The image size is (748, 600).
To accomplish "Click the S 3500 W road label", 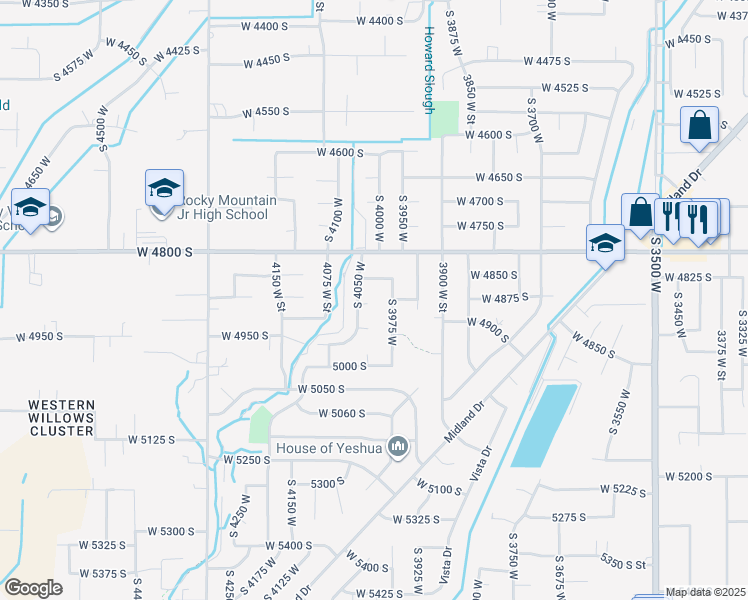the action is pyautogui.click(x=657, y=264).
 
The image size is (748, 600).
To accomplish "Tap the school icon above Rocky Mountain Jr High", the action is pyautogui.click(x=164, y=188).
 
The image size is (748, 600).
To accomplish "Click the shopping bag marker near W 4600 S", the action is pyautogui.click(x=699, y=126).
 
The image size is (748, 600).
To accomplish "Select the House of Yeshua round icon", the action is pyautogui.click(x=398, y=445).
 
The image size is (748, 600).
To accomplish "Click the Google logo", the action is pyautogui.click(x=33, y=588).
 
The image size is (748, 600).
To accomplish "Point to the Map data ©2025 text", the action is pyautogui.click(x=706, y=592).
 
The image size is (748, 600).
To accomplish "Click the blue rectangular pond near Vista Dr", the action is pyautogui.click(x=544, y=424).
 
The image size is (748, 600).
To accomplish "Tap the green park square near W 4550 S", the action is pyautogui.click(x=444, y=120).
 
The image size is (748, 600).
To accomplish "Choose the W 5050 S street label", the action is pyautogui.click(x=320, y=388).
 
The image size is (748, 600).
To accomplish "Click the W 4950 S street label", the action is pyautogui.click(x=245, y=336).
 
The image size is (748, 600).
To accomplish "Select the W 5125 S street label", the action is pyautogui.click(x=151, y=439).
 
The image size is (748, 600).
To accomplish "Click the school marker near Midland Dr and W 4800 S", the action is pyautogui.click(x=605, y=243).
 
